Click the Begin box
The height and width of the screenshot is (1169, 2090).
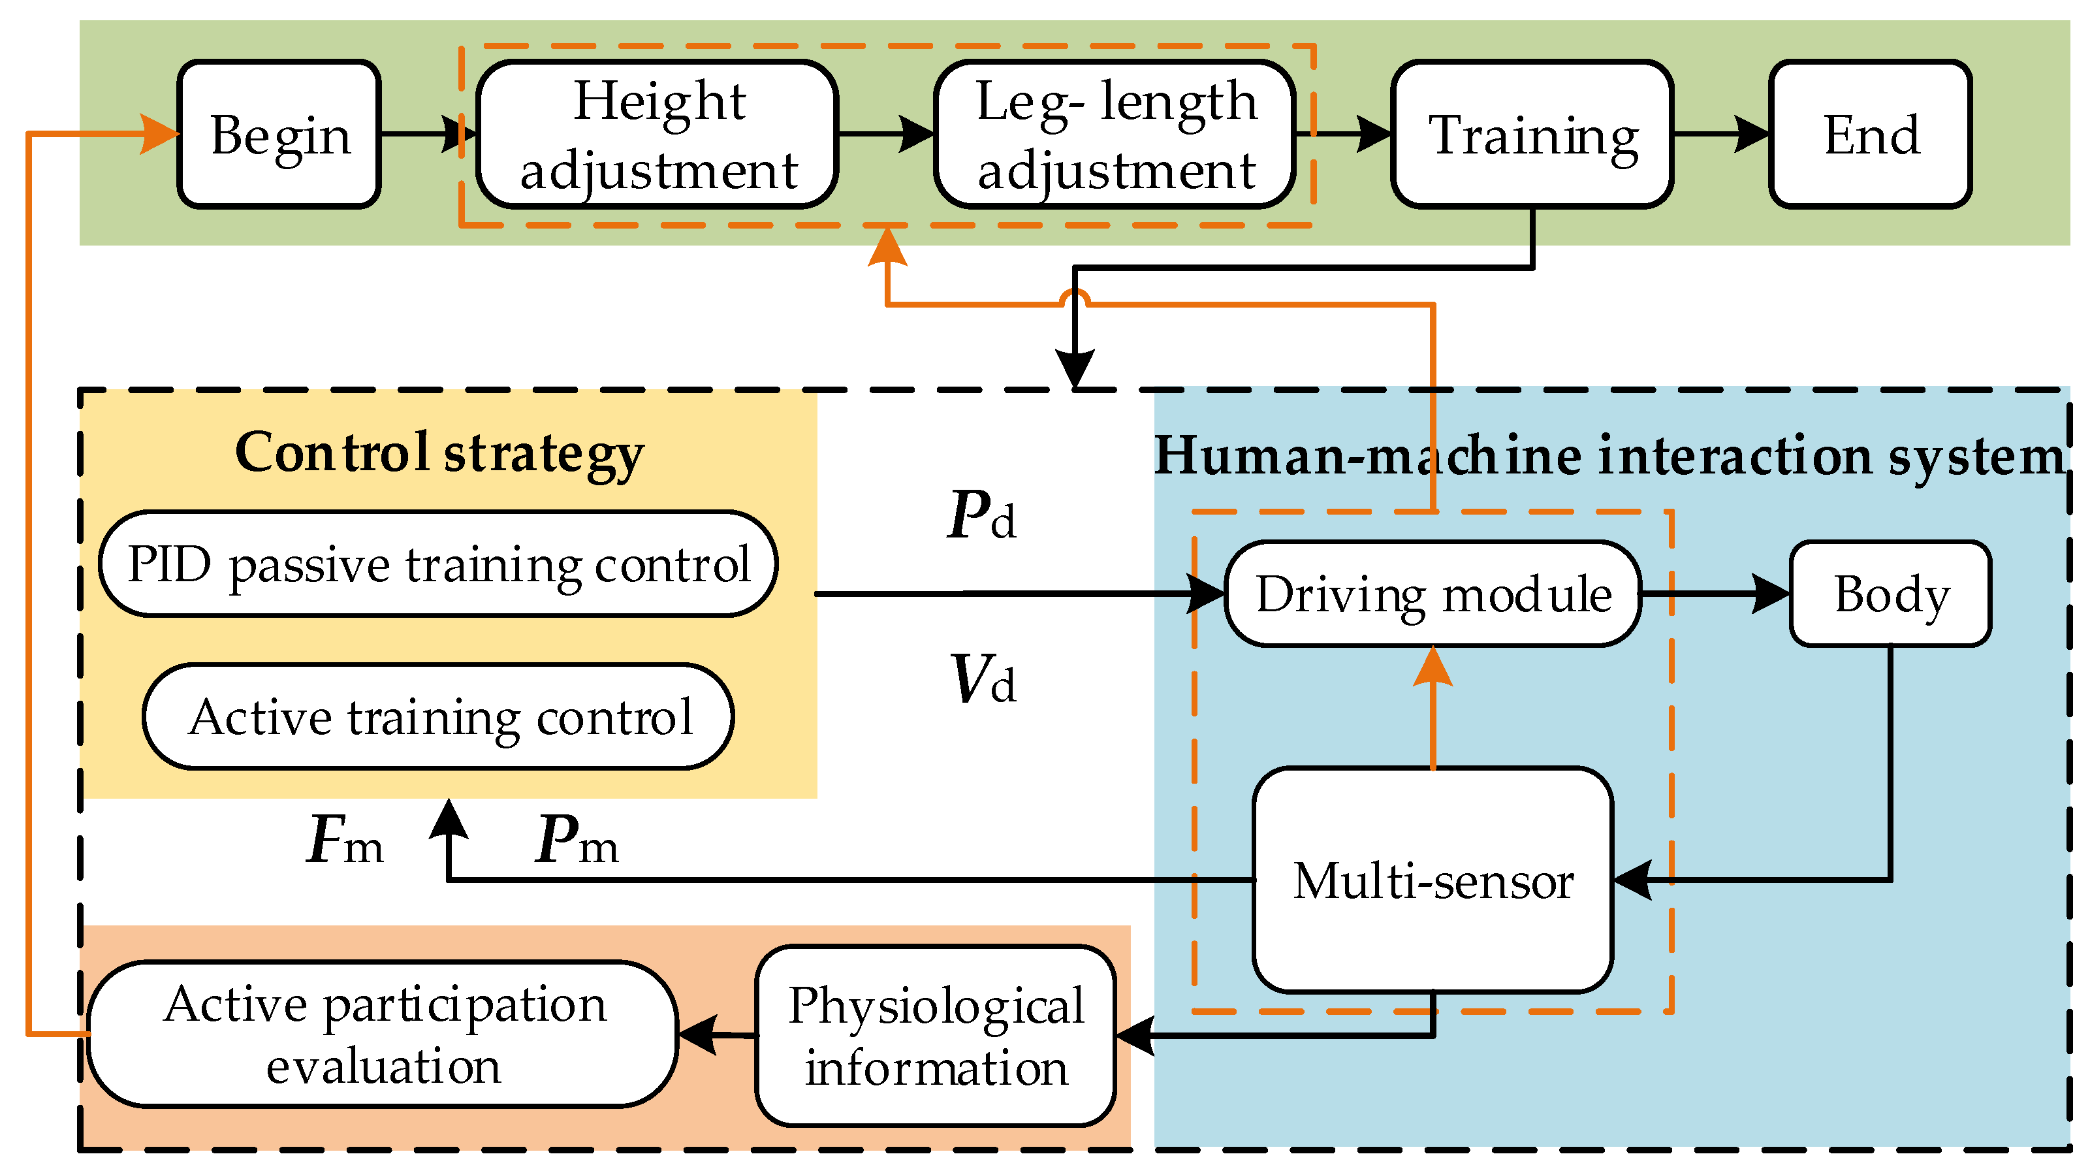point(279,134)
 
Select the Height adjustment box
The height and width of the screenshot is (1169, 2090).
point(657,134)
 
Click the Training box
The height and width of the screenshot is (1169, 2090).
point(1532,134)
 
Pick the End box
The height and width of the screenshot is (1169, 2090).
point(1870,134)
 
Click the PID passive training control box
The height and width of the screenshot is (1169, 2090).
point(438,564)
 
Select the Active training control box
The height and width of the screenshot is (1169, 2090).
point(438,716)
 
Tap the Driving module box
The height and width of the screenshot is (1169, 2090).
point(1433,594)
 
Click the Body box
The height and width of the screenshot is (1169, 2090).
point(1890,594)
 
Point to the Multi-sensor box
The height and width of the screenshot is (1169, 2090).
point(1433,879)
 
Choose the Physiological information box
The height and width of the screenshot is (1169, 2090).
point(936,1035)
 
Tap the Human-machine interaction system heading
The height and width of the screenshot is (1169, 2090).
point(1608,455)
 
